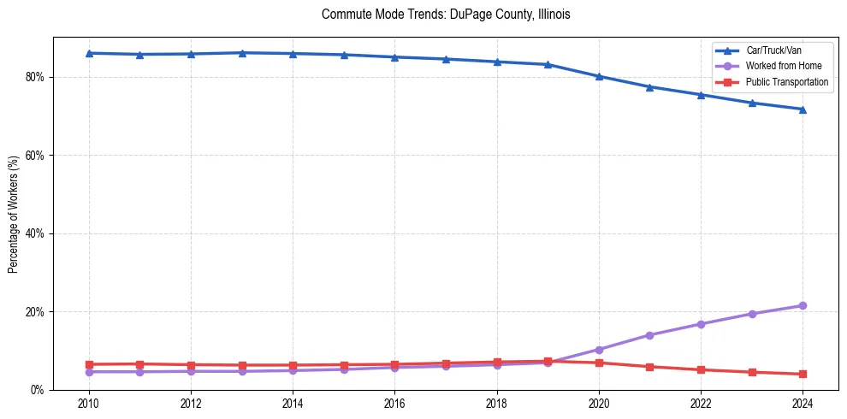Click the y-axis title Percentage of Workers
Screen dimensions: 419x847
point(14,214)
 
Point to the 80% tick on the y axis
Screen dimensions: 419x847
point(37,77)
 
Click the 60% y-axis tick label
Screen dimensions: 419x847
point(37,156)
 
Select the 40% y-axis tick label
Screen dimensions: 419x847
point(37,233)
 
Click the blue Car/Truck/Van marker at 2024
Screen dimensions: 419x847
point(803,109)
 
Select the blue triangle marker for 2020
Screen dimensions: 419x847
point(599,76)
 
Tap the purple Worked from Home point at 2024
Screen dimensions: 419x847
point(803,305)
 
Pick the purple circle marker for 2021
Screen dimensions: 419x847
point(649,335)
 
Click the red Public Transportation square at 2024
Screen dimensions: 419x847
point(803,374)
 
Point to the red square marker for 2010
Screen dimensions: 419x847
point(89,364)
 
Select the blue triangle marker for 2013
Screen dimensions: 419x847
point(242,53)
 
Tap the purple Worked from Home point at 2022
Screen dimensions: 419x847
point(701,324)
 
